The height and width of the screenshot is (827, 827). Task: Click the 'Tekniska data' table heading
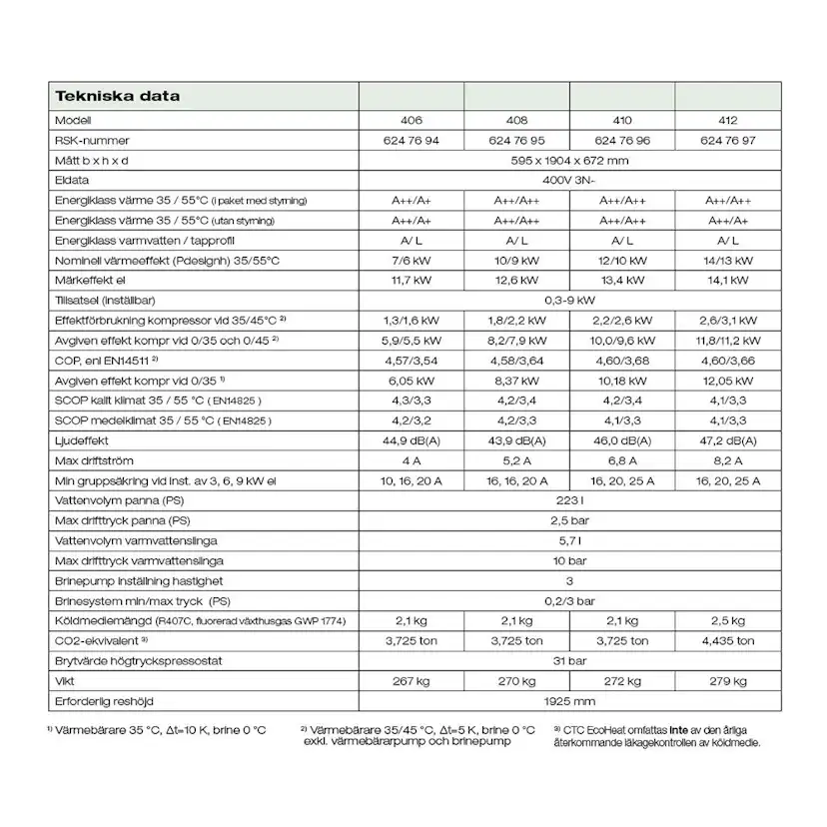tap(118, 97)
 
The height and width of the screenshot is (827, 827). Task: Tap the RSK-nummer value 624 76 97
tap(727, 140)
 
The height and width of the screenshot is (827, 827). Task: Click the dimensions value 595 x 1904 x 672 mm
tap(569, 160)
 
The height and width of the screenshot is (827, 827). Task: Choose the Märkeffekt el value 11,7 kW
tap(412, 280)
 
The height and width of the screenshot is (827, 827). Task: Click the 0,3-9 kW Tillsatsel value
tap(569, 300)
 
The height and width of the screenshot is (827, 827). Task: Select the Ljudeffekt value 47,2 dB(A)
tap(727, 440)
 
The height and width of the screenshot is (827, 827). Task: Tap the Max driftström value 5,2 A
tap(517, 460)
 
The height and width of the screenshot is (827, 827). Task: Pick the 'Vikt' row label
tap(66, 681)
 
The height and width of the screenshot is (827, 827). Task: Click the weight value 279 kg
tap(727, 681)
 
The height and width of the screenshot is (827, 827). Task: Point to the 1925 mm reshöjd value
tap(569, 701)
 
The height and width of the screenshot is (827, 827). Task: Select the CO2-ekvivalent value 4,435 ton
tap(727, 641)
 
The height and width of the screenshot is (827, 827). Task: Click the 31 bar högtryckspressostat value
tap(569, 661)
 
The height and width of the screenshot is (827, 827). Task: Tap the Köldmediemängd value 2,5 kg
tap(727, 621)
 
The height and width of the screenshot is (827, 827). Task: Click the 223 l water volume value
tap(569, 500)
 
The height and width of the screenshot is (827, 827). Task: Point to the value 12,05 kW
tap(727, 381)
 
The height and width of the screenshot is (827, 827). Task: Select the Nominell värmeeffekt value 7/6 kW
tap(412, 260)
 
